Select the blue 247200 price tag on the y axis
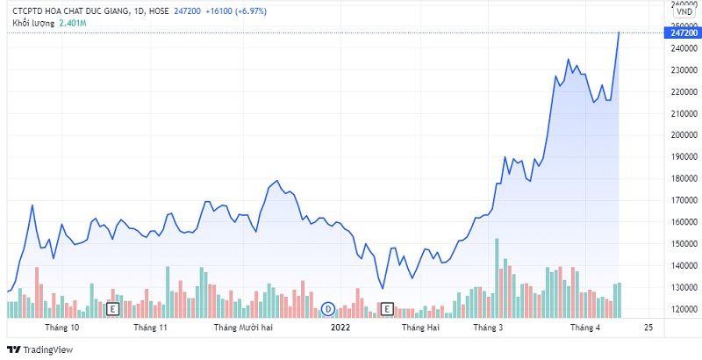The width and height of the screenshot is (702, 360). [682, 32]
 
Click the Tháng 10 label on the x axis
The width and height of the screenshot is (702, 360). [62, 328]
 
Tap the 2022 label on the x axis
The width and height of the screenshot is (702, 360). [340, 328]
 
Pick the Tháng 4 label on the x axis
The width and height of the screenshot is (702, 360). [585, 328]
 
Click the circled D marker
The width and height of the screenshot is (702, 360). [328, 308]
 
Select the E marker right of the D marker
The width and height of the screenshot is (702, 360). [387, 308]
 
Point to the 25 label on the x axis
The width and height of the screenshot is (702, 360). [648, 328]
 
